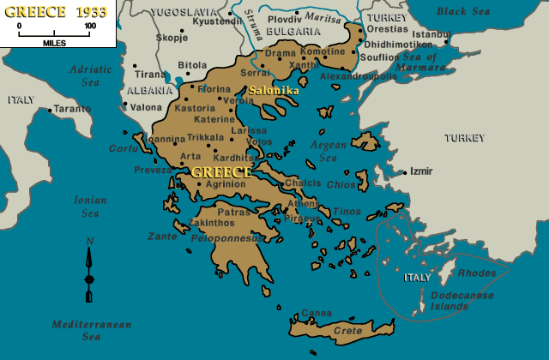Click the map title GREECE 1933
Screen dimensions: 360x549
(54, 12)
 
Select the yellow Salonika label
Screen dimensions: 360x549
(274, 90)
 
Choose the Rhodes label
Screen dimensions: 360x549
(478, 273)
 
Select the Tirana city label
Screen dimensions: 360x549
(151, 75)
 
